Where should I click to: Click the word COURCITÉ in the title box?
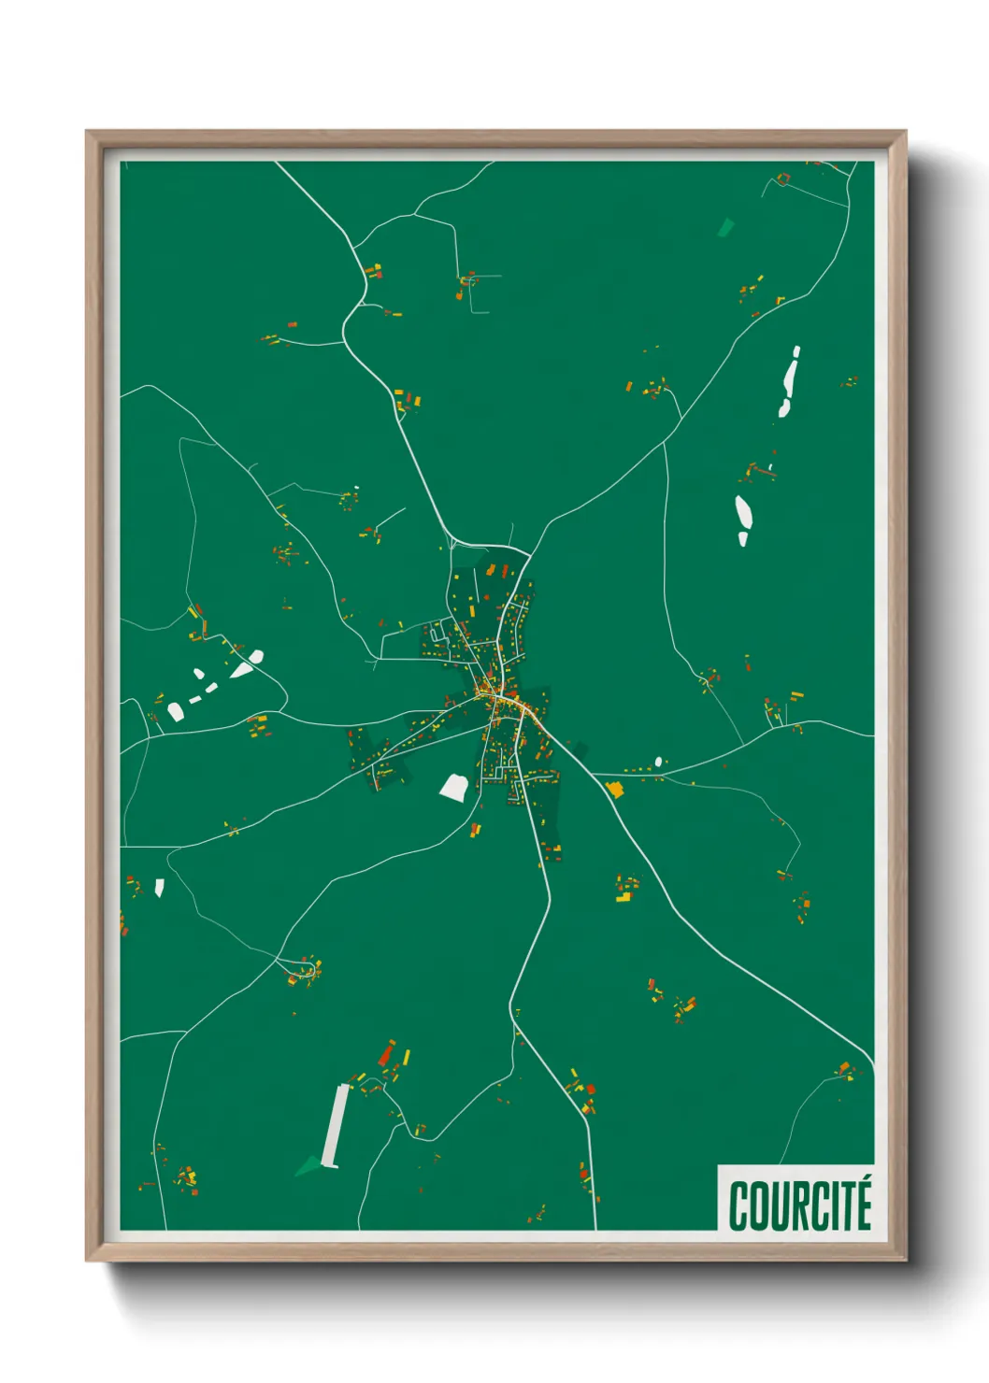click(x=800, y=1205)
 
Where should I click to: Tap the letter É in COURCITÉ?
click(x=862, y=1205)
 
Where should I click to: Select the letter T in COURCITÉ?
click(x=844, y=1206)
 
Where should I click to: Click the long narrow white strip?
click(x=335, y=1125)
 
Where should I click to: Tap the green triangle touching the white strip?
click(x=308, y=1165)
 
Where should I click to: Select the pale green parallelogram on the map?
click(x=725, y=226)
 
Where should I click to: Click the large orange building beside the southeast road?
click(x=614, y=790)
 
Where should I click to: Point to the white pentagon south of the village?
click(x=454, y=787)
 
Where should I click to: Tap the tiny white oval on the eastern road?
click(x=659, y=762)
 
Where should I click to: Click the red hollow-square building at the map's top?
click(x=783, y=178)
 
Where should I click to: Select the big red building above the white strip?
click(x=385, y=1055)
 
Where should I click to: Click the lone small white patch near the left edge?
click(x=159, y=887)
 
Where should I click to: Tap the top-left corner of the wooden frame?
click(x=87, y=132)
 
